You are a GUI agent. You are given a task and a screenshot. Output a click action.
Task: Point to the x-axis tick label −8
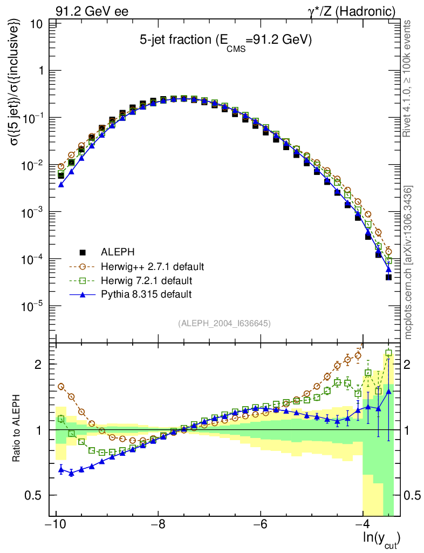point(157,525)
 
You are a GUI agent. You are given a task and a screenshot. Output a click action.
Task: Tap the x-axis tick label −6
point(260,525)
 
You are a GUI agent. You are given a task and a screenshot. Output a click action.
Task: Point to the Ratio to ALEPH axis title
point(17,430)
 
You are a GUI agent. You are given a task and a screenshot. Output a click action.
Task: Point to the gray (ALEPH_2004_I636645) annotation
point(224,323)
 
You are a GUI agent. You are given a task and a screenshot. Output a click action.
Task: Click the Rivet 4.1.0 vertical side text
point(408,78)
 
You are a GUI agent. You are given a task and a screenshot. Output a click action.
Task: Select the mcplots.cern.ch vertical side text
point(408,262)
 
